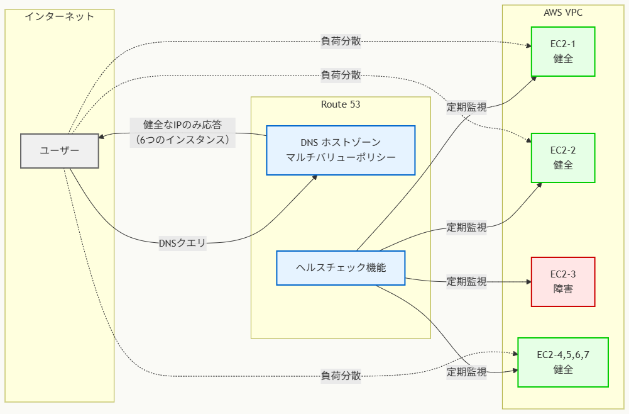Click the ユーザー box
60,151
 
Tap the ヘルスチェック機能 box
341,267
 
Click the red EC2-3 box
562,281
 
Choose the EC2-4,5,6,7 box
562,362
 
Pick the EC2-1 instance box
562,52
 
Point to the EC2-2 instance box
562,158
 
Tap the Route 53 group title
341,104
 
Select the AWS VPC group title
566,12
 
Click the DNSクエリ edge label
182,243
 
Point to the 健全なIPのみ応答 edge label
182,132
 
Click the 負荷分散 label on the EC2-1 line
341,42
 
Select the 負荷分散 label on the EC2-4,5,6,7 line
341,376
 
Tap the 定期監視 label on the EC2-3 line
466,281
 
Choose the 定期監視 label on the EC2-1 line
466,107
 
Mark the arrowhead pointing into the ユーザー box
102,135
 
